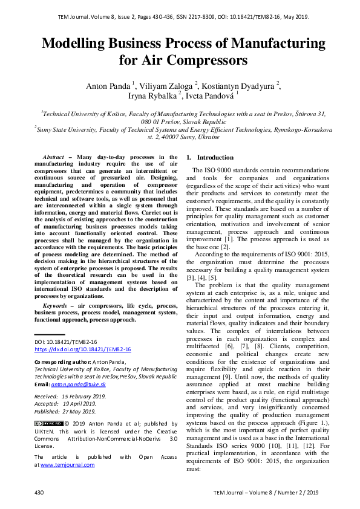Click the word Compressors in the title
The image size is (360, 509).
tap(207, 60)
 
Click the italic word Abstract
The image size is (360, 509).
tap(59, 157)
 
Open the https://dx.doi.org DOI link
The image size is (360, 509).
tap(82, 349)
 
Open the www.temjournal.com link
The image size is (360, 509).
tap(67, 465)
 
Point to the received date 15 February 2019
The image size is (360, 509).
tap(83, 396)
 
